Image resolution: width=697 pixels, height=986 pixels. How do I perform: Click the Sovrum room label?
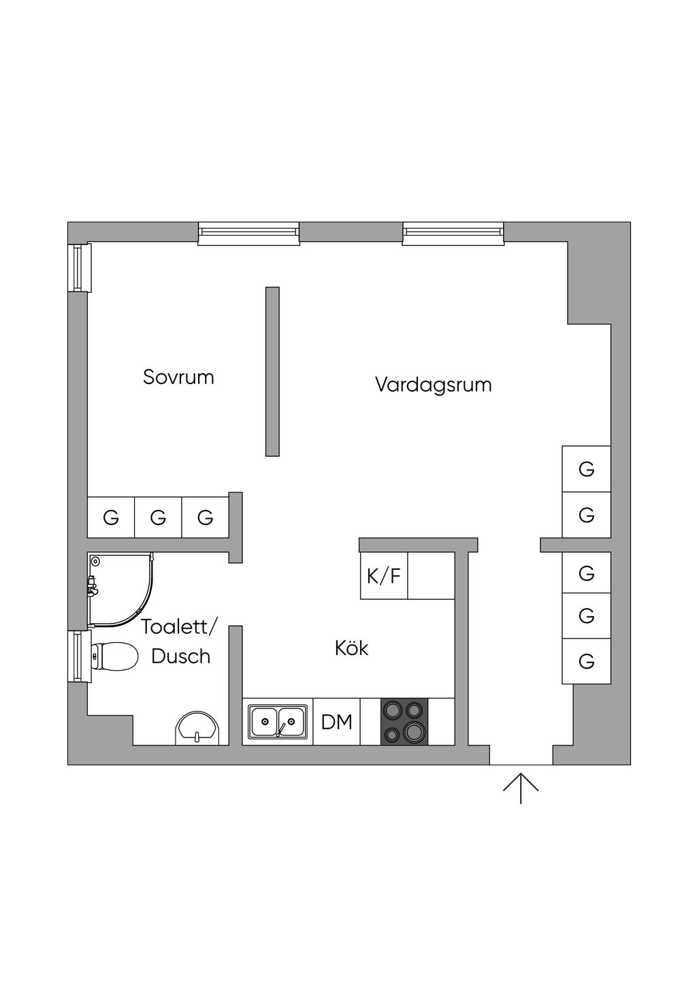point(178,377)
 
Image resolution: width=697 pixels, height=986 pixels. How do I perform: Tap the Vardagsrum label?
point(433,385)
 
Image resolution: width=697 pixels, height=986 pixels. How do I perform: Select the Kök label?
point(351,648)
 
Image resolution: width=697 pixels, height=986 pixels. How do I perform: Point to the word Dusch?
point(180,656)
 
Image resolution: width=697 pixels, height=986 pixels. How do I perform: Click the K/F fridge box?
point(384,576)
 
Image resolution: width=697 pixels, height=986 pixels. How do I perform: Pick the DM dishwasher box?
point(337,722)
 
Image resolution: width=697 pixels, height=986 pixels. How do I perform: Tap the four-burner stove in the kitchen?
point(404,722)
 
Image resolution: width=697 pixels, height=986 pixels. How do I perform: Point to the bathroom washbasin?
point(197,729)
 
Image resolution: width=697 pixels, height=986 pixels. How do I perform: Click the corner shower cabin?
point(119,589)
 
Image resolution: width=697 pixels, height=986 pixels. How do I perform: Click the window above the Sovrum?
point(249,234)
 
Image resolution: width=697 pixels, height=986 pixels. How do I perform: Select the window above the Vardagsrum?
point(453,234)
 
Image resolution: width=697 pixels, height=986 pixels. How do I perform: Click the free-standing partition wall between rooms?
point(272,371)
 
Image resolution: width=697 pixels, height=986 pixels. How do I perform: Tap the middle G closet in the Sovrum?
point(158,518)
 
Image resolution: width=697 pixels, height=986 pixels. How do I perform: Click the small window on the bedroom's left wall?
point(80,267)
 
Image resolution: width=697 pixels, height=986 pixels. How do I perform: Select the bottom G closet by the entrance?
point(586,661)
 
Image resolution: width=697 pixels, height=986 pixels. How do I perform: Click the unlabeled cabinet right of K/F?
point(431,576)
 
